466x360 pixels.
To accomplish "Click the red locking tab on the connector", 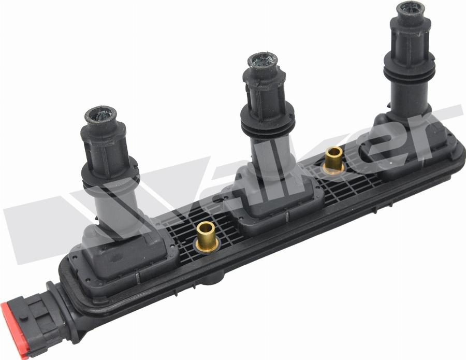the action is [x=14, y=330].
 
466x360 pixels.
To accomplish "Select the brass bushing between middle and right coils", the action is [x=333, y=161].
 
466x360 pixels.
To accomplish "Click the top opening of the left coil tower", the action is [x=100, y=116].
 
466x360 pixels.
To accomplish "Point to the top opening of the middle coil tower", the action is [x=263, y=62].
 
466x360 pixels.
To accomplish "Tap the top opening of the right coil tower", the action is [x=410, y=9].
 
